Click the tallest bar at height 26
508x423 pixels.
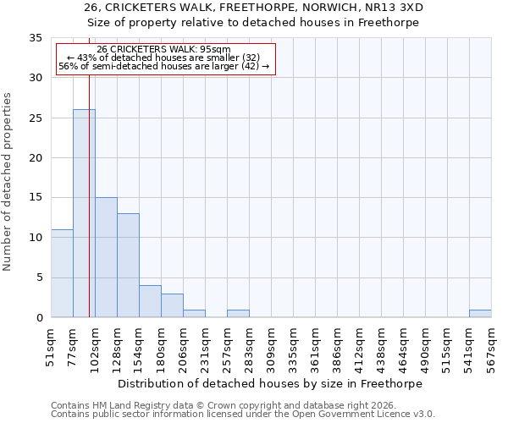pos(84,213)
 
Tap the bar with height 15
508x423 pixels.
pos(106,257)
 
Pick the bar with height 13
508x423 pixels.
pos(128,265)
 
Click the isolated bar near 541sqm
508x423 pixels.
pos(480,314)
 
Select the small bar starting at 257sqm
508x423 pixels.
pos(238,314)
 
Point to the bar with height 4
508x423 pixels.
pos(150,301)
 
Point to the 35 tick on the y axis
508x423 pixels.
pos(36,38)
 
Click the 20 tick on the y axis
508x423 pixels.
pos(36,157)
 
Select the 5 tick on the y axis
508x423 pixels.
pos(39,277)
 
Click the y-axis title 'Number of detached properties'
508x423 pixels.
pos(8,181)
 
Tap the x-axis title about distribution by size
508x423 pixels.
pos(269,383)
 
